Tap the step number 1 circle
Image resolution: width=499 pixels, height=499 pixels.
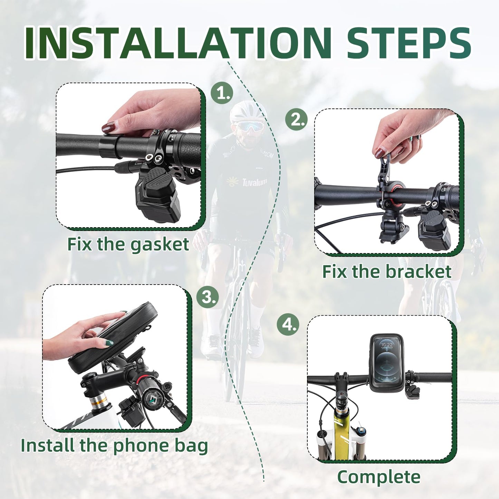click(222, 93)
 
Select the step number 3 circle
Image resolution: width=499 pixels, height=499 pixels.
click(208, 297)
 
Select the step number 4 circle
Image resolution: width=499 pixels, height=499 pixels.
click(288, 325)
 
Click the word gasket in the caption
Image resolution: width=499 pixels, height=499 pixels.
click(160, 245)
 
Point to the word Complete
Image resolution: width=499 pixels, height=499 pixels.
click(379, 477)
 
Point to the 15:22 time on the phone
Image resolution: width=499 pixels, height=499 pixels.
click(387, 345)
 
